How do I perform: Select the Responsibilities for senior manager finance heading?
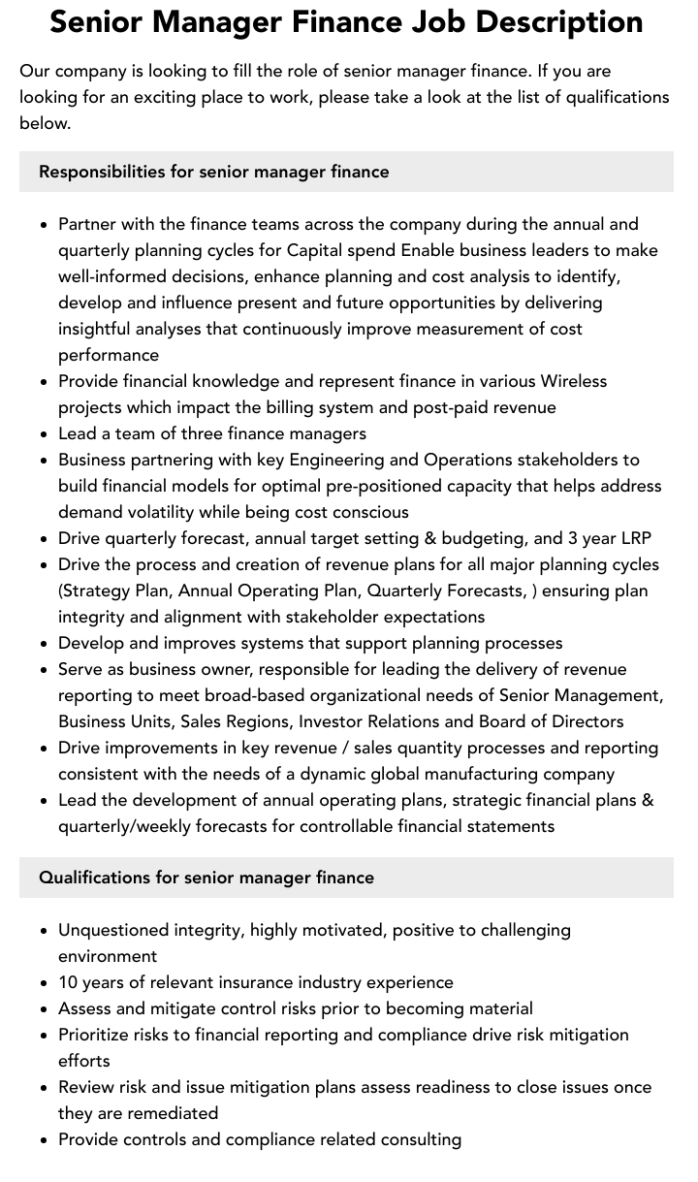coord(213,172)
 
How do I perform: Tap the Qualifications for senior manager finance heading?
coord(206,878)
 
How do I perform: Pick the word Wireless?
coord(574,381)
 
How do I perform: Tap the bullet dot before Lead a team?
coord(44,434)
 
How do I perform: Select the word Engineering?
coord(353,460)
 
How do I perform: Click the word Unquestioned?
coord(113,930)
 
